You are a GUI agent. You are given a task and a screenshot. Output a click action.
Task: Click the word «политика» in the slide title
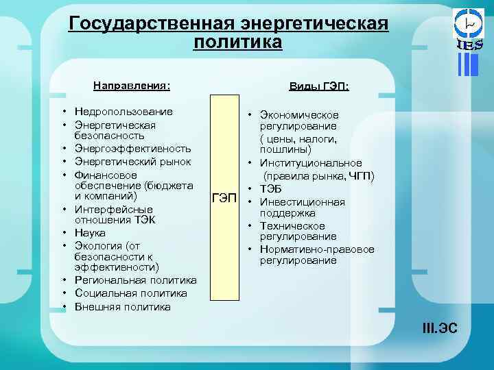point(237,42)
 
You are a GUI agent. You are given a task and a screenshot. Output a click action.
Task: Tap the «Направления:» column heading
point(132,86)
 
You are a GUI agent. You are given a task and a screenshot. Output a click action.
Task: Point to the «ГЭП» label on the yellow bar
point(224,199)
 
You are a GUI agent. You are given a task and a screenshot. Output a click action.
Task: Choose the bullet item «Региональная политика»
point(135,280)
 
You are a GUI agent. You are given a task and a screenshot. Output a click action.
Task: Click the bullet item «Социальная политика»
point(130,293)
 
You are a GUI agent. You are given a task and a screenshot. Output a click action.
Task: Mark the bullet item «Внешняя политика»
point(123,306)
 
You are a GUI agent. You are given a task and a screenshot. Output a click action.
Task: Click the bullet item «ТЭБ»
point(272,189)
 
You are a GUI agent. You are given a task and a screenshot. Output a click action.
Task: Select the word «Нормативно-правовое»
point(317,249)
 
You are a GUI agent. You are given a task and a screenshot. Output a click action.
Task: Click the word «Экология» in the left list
point(99,245)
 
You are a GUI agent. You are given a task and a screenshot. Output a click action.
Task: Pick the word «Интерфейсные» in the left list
point(113,208)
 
